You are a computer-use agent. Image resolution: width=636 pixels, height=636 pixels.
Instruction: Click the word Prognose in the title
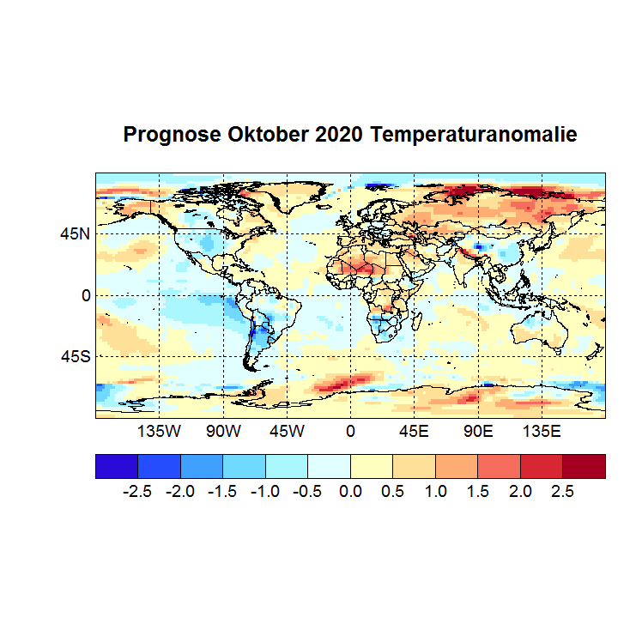tap(173, 135)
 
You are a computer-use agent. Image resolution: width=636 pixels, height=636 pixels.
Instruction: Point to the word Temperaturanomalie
tap(475, 135)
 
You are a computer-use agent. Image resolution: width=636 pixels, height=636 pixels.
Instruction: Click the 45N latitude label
tap(75, 233)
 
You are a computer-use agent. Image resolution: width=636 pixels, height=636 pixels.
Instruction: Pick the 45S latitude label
tap(75, 355)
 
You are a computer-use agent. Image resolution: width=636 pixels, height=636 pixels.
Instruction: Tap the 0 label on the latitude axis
tap(85, 294)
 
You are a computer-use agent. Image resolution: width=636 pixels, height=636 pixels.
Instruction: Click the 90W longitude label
tap(223, 431)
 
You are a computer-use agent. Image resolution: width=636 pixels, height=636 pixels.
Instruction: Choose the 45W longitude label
tap(287, 431)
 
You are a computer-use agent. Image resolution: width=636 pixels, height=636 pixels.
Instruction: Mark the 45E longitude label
tap(414, 431)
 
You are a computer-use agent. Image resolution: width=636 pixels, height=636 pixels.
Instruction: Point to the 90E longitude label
tap(477, 431)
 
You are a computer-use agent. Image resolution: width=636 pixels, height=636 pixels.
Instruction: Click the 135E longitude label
tap(541, 431)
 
